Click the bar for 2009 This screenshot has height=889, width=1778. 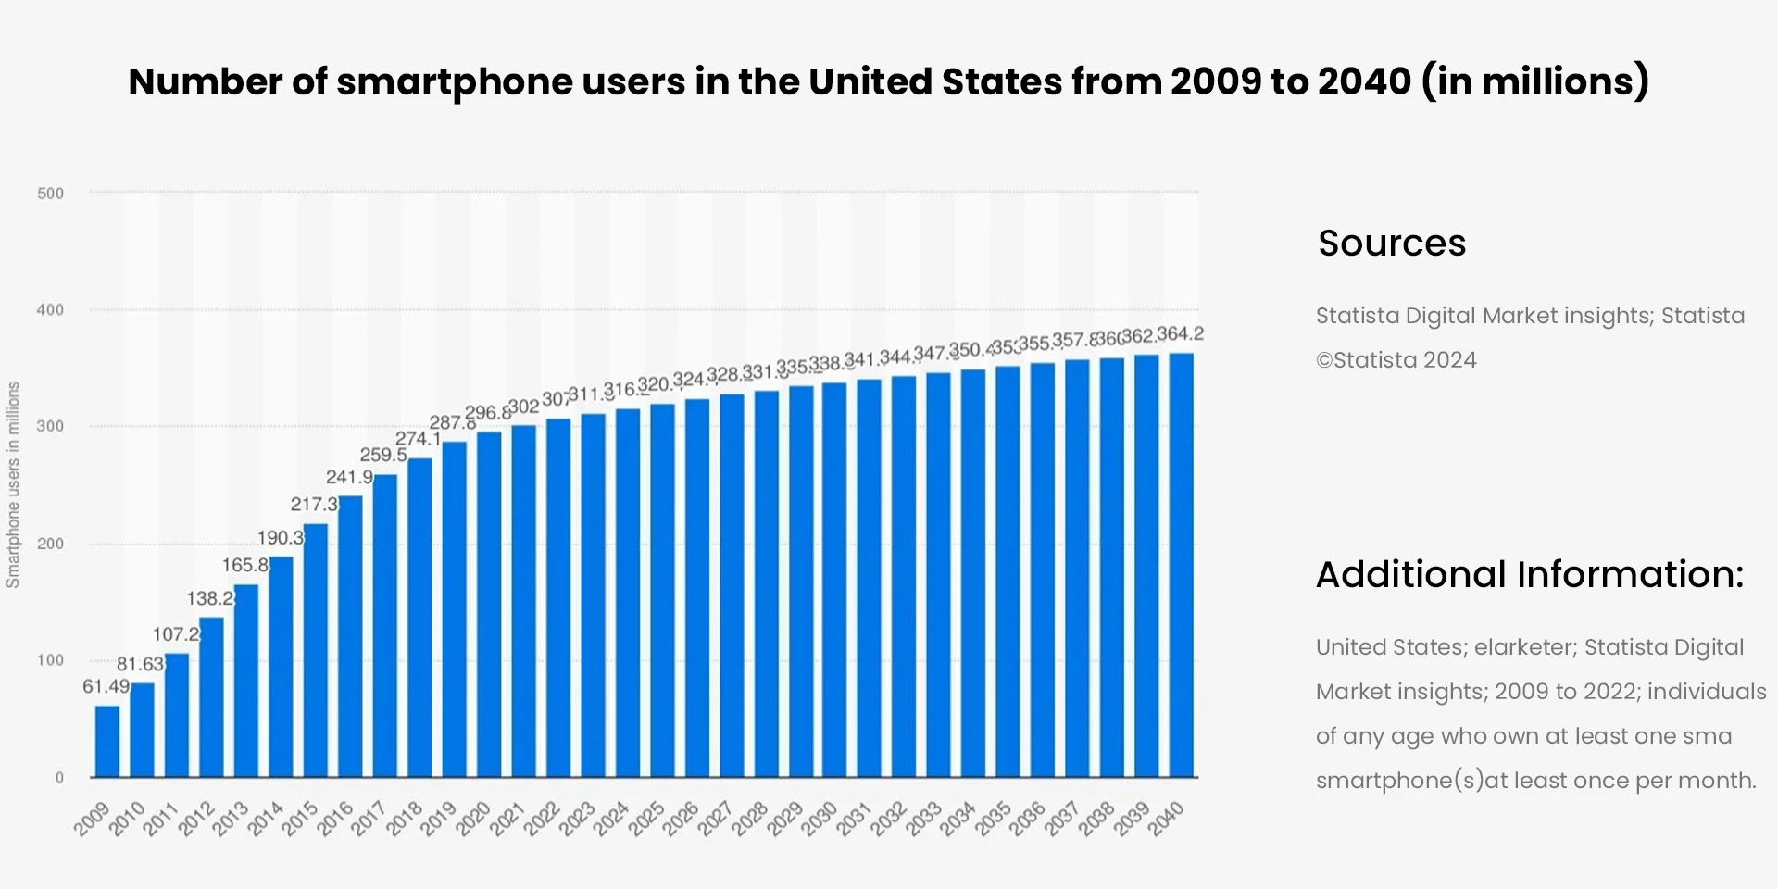(x=107, y=741)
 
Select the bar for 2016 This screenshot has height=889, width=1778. (x=351, y=636)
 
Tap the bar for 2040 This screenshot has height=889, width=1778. (x=1181, y=565)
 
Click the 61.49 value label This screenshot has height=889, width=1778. (x=106, y=686)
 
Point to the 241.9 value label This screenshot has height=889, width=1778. (x=349, y=477)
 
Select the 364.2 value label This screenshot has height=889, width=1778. (x=1180, y=333)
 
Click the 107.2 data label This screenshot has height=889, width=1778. (x=176, y=634)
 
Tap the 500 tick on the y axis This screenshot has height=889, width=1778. (x=50, y=194)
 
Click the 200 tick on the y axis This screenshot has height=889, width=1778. (x=50, y=544)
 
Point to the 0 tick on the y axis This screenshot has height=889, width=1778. (x=59, y=778)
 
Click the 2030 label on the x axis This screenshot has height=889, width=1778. (x=820, y=818)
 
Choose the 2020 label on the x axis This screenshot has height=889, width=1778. (x=473, y=818)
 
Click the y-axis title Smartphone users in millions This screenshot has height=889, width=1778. (x=13, y=484)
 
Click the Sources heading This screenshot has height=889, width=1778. (x=1391, y=244)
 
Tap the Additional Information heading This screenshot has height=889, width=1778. (x=1529, y=575)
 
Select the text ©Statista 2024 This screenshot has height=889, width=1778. (x=1396, y=360)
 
